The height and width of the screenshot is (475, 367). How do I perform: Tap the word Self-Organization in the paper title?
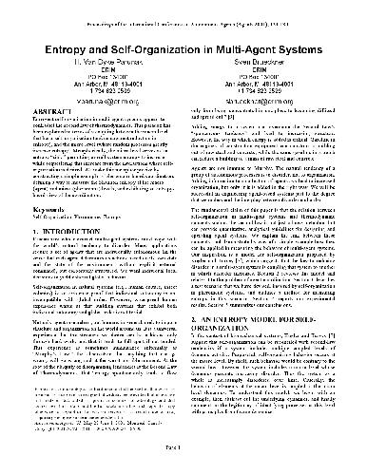click(x=162, y=35)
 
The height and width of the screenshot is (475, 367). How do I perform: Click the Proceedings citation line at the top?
click(x=183, y=11)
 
